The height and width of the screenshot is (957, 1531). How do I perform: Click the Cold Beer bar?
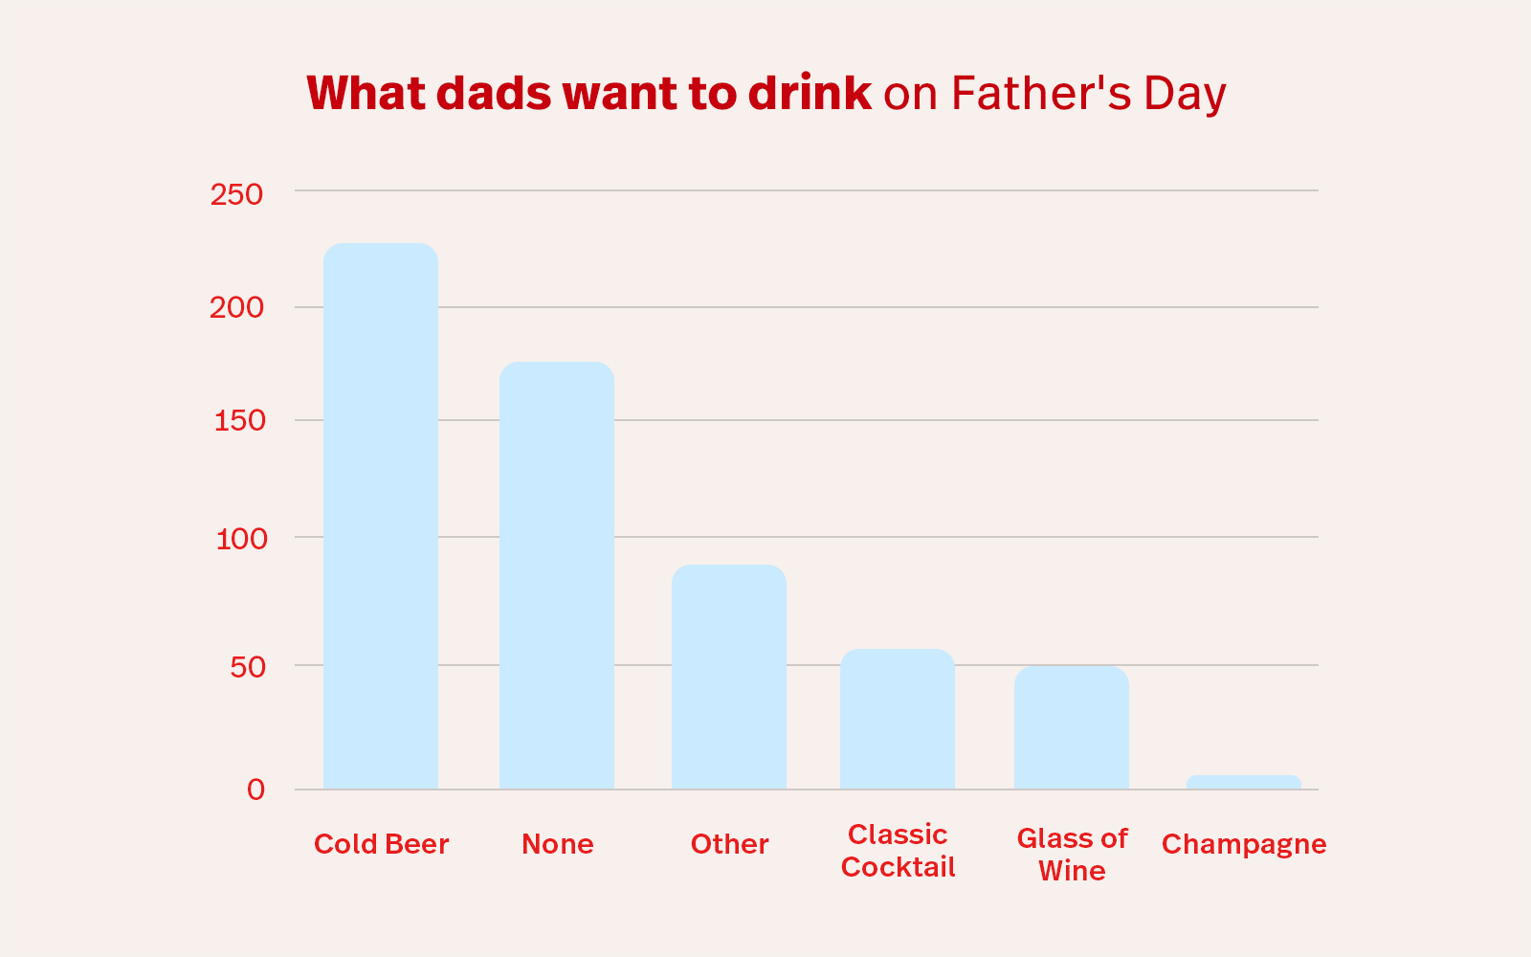tap(381, 517)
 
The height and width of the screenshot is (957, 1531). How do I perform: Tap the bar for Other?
tap(729, 678)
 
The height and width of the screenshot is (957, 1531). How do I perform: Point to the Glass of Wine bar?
tap(1072, 727)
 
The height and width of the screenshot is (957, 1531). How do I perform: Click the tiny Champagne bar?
tap(1244, 782)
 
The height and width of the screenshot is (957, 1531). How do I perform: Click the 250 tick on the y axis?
tap(236, 194)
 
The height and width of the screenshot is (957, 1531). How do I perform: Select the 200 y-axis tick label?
tap(236, 307)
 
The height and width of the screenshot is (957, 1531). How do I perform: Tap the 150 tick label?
tap(239, 420)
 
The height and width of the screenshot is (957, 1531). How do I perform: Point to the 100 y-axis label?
tap(241, 539)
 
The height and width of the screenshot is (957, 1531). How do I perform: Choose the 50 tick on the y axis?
tap(248, 667)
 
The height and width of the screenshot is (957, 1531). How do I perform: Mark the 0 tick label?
tap(255, 790)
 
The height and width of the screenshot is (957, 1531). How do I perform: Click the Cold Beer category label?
tap(381, 844)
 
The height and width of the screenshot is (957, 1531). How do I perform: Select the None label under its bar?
tap(557, 844)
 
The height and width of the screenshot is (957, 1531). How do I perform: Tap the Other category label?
tap(729, 844)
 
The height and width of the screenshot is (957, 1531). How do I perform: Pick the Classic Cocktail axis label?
tap(898, 851)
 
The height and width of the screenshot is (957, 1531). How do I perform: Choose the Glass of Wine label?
tap(1072, 855)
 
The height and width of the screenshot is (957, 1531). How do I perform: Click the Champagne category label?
tap(1244, 844)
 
